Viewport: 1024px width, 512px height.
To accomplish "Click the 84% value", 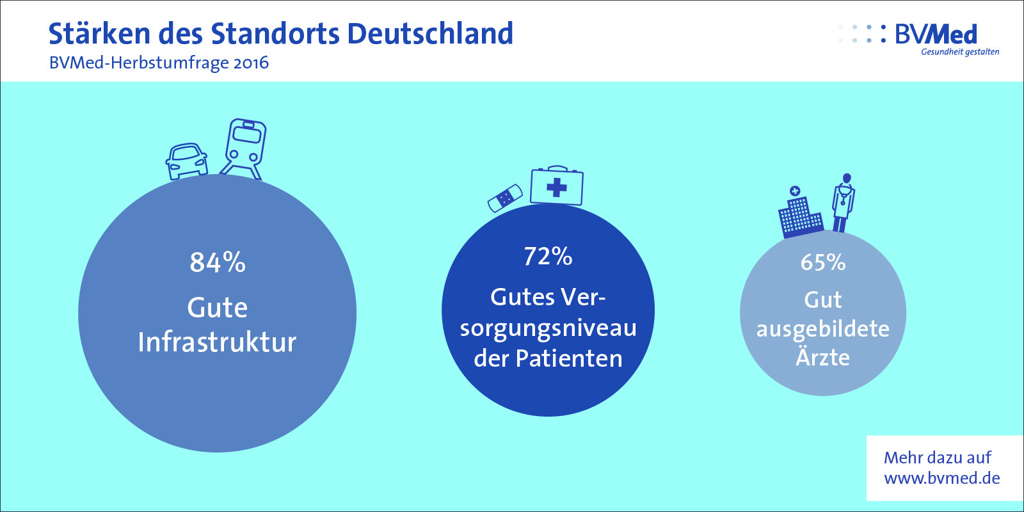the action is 218,263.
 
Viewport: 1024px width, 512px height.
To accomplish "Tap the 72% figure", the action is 548,257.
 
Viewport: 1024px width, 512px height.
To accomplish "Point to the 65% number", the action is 823,262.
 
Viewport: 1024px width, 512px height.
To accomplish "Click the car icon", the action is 186,161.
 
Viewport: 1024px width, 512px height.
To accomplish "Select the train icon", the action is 243,149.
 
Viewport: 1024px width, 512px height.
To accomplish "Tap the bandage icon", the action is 505,198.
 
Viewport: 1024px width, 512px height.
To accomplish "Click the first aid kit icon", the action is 557,185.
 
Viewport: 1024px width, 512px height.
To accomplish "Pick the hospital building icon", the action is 801,212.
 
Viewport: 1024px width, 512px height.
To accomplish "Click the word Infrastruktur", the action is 217,342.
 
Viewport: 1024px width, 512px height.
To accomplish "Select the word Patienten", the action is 569,358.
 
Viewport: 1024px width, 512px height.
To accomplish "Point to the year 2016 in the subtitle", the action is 251,63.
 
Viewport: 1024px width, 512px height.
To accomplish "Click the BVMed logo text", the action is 936,35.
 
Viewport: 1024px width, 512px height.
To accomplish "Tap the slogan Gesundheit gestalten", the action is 960,52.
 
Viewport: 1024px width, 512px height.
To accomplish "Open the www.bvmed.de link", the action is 941,478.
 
